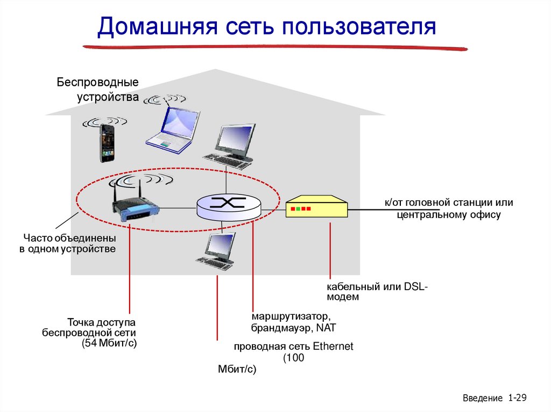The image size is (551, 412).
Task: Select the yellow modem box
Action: pos(316,206)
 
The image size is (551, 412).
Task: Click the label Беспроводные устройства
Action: pos(98,90)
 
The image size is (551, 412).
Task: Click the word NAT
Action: pos(326,327)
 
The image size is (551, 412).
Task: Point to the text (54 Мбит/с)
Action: pos(110,343)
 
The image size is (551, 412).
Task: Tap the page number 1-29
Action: pos(516,398)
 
